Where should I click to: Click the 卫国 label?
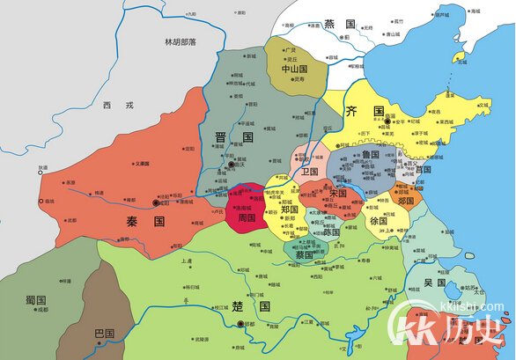pos(307,172)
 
